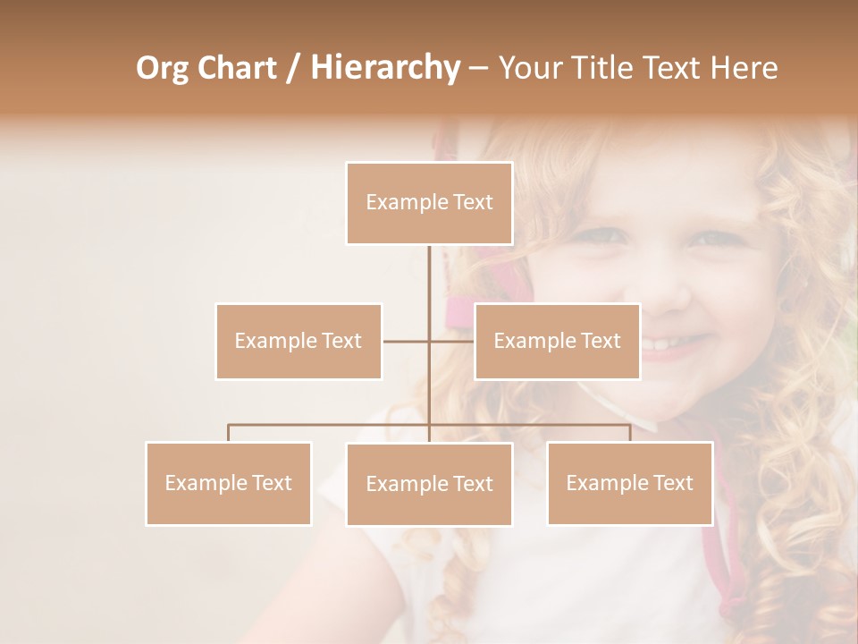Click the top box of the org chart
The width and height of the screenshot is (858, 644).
[429, 203]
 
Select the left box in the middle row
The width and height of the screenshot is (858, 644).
[299, 341]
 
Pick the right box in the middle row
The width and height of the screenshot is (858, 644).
[557, 341]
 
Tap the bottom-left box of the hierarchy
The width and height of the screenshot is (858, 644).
[229, 483]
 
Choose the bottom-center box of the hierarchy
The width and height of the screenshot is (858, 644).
[429, 484]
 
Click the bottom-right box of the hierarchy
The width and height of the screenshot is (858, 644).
[630, 483]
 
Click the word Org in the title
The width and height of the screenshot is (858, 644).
[164, 68]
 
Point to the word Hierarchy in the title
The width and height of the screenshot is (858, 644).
[384, 68]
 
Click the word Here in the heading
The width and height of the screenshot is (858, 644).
[744, 68]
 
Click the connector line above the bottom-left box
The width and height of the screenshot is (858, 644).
[229, 433]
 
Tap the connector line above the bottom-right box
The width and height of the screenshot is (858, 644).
[630, 433]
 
